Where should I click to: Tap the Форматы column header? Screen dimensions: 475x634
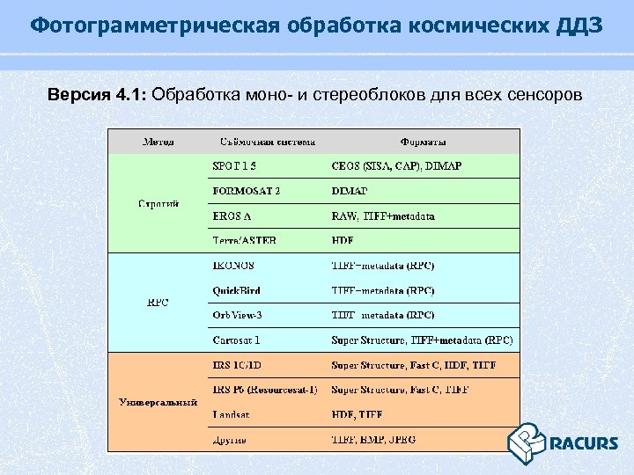click(423, 142)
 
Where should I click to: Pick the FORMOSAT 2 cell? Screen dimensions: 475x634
click(247, 190)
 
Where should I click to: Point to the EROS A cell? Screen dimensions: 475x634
click(232, 216)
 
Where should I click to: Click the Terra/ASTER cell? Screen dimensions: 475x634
click(244, 240)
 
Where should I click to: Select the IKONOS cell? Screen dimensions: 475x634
click(233, 265)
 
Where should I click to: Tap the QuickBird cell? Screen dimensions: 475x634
click(236, 290)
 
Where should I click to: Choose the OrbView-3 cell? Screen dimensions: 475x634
click(238, 315)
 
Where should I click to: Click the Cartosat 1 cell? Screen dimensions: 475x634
click(236, 340)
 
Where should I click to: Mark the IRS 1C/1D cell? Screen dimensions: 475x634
click(238, 364)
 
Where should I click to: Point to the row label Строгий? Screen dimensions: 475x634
click(158, 203)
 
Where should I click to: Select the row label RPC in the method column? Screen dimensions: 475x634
click(158, 303)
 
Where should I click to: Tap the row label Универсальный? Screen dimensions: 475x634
click(158, 402)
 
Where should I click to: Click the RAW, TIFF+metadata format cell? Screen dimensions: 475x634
click(382, 216)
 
